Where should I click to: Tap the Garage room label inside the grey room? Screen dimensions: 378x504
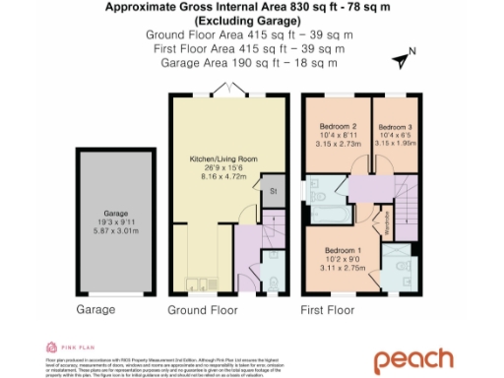point(117,212)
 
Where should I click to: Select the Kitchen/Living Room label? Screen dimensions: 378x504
point(223,158)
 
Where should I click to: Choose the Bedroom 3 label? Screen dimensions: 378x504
point(397,128)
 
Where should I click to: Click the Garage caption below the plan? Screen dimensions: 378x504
point(95,309)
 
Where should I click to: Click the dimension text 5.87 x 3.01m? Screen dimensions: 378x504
point(117,230)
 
